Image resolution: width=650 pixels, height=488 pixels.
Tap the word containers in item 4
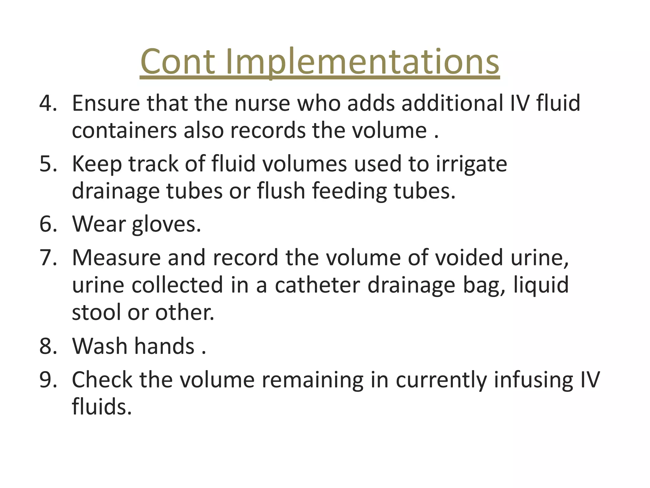(x=124, y=131)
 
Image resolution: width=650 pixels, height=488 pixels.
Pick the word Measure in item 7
(x=116, y=257)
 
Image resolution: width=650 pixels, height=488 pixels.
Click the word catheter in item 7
(x=317, y=285)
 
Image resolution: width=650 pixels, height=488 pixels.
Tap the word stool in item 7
(x=96, y=312)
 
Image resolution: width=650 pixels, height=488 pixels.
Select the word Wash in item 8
(x=100, y=346)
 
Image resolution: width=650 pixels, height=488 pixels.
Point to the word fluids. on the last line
(x=102, y=407)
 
